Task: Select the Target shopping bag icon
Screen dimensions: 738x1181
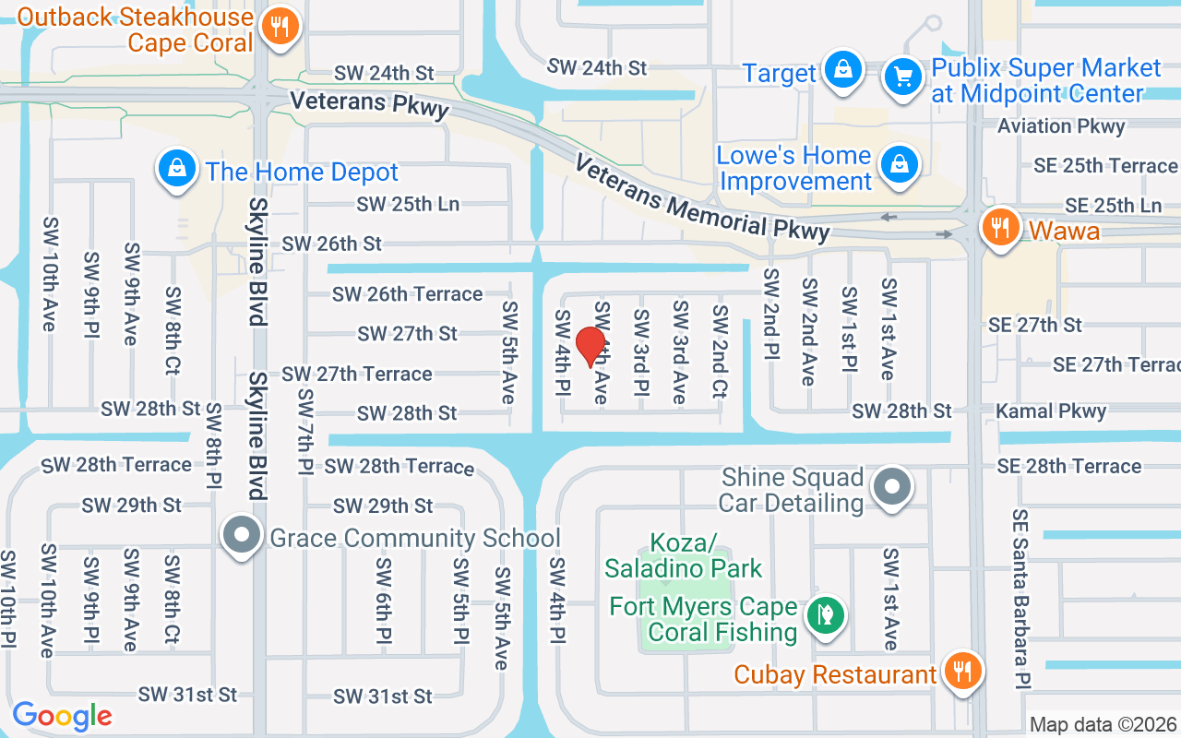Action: pyautogui.click(x=841, y=70)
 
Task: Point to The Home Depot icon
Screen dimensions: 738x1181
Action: pyautogui.click(x=174, y=169)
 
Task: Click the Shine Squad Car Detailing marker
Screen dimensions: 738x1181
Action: pyautogui.click(x=892, y=486)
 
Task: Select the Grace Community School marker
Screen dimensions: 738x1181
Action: pyautogui.click(x=242, y=536)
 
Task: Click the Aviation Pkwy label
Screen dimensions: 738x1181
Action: pyautogui.click(x=1061, y=126)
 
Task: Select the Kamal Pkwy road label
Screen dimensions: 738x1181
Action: pyautogui.click(x=1051, y=411)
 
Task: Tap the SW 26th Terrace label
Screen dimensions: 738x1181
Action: pyautogui.click(x=407, y=294)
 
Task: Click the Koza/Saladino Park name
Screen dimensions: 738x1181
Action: pyautogui.click(x=683, y=555)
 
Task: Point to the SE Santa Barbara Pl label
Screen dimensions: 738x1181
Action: pyautogui.click(x=1020, y=598)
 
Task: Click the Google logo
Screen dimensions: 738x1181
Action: pyautogui.click(x=62, y=715)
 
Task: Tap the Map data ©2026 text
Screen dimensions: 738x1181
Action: pyautogui.click(x=1103, y=725)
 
